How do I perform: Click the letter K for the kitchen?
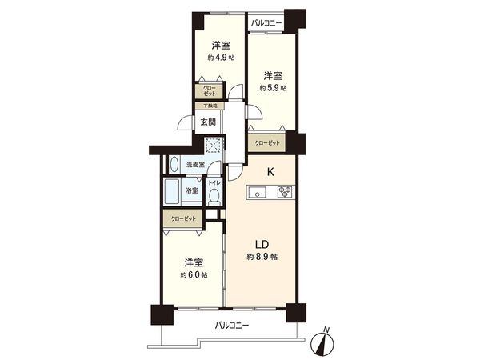[x=270, y=171]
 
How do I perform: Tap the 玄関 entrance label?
[x=208, y=122]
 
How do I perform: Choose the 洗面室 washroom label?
[x=195, y=165]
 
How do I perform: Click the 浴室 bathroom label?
[x=192, y=190]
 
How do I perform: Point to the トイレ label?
[x=213, y=183]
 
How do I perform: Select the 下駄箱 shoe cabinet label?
[x=209, y=106]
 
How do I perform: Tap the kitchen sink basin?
[x=258, y=191]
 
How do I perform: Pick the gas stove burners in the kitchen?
[x=286, y=191]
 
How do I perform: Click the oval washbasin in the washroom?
[x=175, y=165]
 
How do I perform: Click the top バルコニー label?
[x=266, y=23]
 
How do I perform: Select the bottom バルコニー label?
[x=232, y=326]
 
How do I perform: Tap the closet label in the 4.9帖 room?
[x=209, y=90]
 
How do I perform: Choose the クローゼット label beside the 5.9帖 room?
[x=267, y=142]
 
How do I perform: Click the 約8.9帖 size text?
[x=262, y=257]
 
